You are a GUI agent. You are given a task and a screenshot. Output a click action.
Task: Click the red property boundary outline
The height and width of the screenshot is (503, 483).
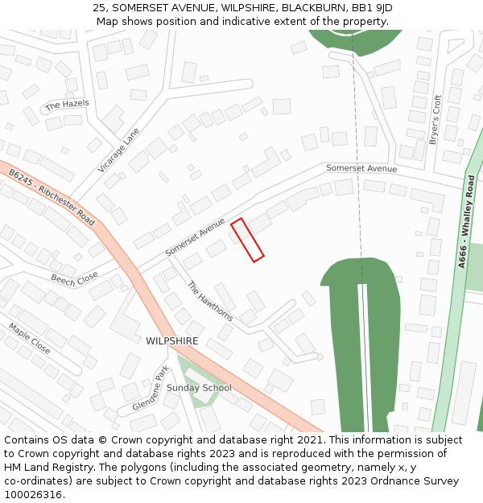pos(248,240)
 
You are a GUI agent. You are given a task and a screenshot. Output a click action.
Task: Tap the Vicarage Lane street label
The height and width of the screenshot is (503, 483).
pos(118,150)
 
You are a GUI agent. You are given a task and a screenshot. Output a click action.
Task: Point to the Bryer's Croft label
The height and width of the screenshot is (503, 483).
pos(436,120)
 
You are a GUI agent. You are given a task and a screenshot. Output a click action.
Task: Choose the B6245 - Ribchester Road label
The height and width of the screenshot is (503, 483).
pos(52,197)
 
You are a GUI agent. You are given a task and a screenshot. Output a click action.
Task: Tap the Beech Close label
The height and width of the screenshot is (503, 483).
pos(74,279)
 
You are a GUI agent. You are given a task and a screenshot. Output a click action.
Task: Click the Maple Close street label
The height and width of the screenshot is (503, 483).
pos(30,339)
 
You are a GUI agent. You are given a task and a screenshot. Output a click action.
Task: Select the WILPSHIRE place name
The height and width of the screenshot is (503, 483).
pos(171,341)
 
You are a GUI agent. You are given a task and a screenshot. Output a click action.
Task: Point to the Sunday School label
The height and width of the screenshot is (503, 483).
pos(199,388)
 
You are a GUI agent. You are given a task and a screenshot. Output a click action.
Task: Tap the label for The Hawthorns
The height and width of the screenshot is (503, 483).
pos(209,301)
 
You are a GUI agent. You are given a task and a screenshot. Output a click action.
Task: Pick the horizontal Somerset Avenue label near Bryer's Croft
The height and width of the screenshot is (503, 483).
pos(361,169)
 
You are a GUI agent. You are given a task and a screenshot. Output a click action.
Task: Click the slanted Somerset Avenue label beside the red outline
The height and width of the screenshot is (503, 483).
pos(195,237)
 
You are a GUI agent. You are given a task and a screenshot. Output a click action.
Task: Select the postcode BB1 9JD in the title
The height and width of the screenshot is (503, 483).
pos(372,7)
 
